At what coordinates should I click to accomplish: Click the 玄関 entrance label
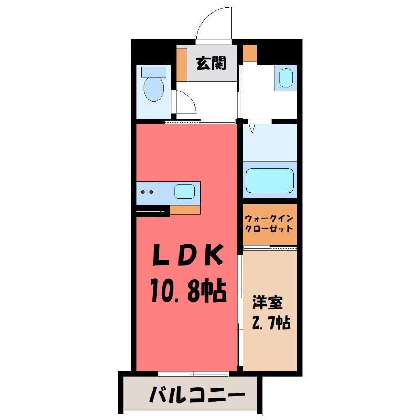click(212, 64)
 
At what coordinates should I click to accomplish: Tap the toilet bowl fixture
click(154, 88)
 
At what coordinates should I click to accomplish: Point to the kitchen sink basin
click(184, 192)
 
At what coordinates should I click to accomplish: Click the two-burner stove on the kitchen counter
click(147, 192)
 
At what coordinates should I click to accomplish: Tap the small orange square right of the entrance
click(249, 53)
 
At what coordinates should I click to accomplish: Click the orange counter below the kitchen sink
click(185, 209)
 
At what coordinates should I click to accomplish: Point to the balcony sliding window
click(193, 373)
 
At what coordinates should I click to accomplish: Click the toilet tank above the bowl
click(154, 71)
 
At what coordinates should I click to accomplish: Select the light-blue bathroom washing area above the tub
click(270, 142)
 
